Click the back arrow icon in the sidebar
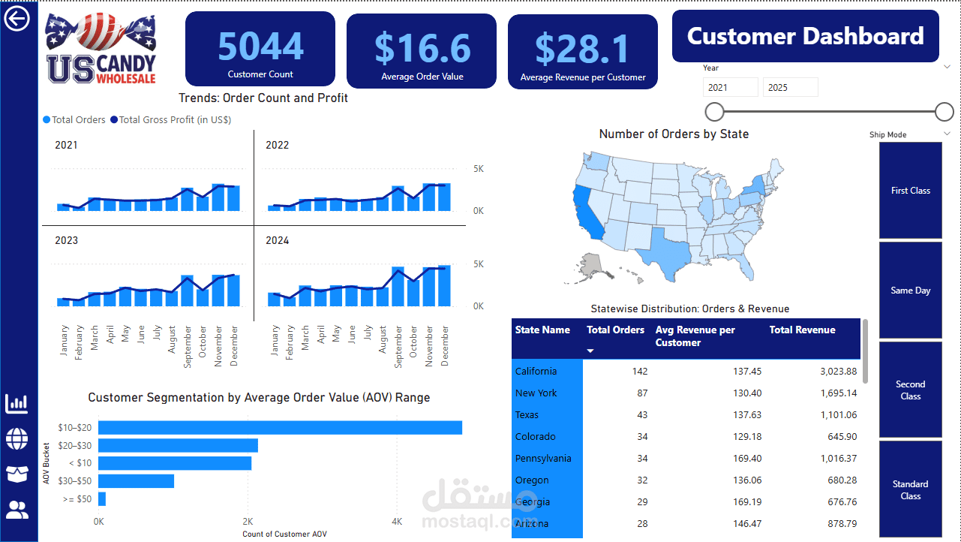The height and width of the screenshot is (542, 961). coord(17,18)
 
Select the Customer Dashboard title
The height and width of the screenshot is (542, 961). coord(805,36)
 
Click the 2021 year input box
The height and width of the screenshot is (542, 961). coord(730,87)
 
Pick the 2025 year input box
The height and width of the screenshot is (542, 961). coord(790,87)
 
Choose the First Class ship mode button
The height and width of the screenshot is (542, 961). coord(910,191)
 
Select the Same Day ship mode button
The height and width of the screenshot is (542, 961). coord(910,291)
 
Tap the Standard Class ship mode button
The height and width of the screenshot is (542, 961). coord(910,489)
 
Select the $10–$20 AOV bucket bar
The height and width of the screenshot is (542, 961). coord(279,427)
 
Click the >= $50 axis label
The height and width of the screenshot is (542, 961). coord(78,499)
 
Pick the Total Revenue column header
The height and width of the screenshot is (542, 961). coord(802,330)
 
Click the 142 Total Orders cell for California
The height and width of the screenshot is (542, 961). coord(639,371)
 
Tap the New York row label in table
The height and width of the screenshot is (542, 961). coord(536,393)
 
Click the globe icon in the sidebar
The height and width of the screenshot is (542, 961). coord(17,438)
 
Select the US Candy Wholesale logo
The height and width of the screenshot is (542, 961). coord(101,48)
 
